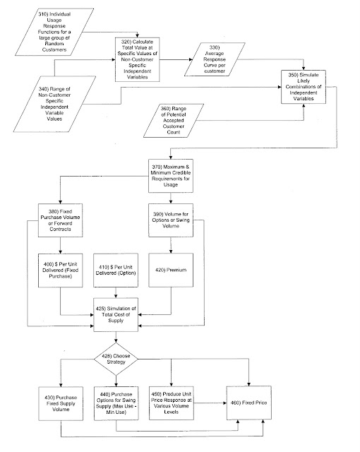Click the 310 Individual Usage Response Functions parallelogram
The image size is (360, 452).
tap(54, 32)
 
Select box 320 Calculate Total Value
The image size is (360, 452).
tap(138, 59)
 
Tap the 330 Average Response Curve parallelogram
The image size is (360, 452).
tap(215, 59)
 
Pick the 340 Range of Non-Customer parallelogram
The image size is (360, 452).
tap(54, 104)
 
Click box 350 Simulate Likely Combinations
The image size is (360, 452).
tap(304, 86)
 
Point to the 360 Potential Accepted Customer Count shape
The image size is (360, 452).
tap(174, 121)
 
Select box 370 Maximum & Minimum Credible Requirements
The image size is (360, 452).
tap(171, 176)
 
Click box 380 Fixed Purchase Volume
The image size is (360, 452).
tap(60, 220)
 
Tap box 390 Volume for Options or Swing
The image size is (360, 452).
tap(171, 220)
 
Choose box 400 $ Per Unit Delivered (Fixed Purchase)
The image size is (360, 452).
tap(60, 270)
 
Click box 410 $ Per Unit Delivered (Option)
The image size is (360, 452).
tap(116, 270)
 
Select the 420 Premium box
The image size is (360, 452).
tap(171, 270)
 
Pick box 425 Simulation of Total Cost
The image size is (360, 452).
tap(116, 315)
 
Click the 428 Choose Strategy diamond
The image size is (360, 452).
tap(116, 359)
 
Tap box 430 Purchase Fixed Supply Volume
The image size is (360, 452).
tap(61, 403)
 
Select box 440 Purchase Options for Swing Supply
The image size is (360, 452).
tap(116, 403)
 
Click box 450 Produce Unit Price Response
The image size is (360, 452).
tap(172, 403)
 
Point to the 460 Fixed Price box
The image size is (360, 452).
tap(249, 403)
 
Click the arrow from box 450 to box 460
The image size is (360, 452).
tap(210, 403)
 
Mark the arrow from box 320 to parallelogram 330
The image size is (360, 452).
tap(176, 59)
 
